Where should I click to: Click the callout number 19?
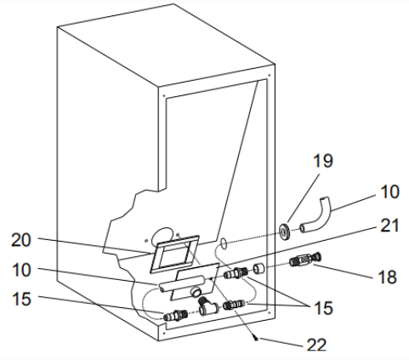point(323,161)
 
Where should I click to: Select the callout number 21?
point(389,226)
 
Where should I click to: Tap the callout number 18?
point(388,277)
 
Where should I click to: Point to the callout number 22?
point(316,345)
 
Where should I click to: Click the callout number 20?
point(20,241)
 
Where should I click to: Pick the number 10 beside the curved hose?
point(389,192)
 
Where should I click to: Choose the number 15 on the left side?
point(21,299)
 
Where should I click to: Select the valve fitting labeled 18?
point(305,260)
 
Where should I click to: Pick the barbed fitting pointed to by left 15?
point(175,316)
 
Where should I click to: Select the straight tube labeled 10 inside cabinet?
point(181,283)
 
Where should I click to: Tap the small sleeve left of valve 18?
point(258,269)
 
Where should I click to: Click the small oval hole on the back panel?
point(224,243)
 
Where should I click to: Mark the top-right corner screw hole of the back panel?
point(270,76)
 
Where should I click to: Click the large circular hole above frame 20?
point(162,236)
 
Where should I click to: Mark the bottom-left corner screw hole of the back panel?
point(164,333)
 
